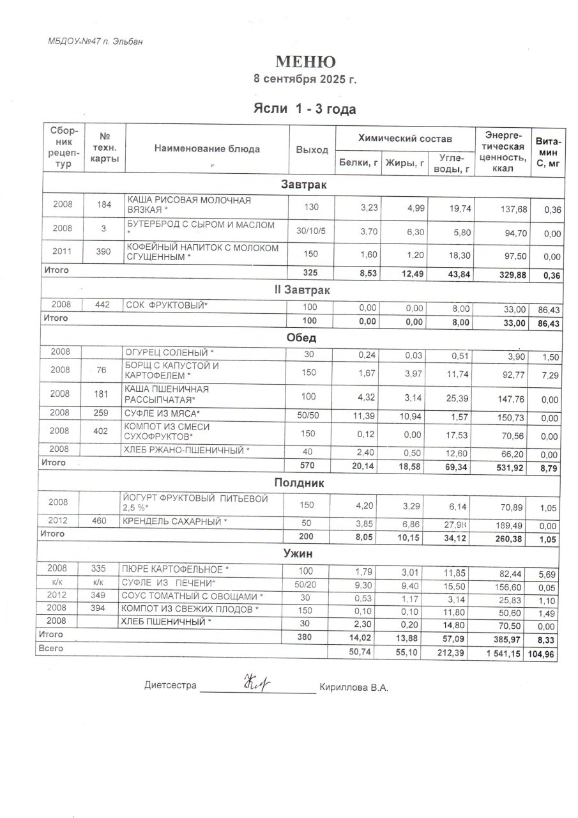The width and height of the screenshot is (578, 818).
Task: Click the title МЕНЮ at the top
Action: click(x=305, y=62)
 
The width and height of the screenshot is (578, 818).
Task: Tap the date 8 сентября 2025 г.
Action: click(x=305, y=80)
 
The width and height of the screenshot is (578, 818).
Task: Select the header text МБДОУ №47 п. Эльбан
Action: click(x=95, y=42)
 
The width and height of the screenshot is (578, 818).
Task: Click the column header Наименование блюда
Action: click(x=207, y=149)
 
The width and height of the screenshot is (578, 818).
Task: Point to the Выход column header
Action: click(x=312, y=150)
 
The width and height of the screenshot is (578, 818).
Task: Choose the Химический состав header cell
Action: click(x=405, y=138)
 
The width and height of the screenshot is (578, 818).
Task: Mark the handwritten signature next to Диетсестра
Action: click(x=255, y=685)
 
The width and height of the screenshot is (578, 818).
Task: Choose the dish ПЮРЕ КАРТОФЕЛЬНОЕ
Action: click(x=175, y=569)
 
